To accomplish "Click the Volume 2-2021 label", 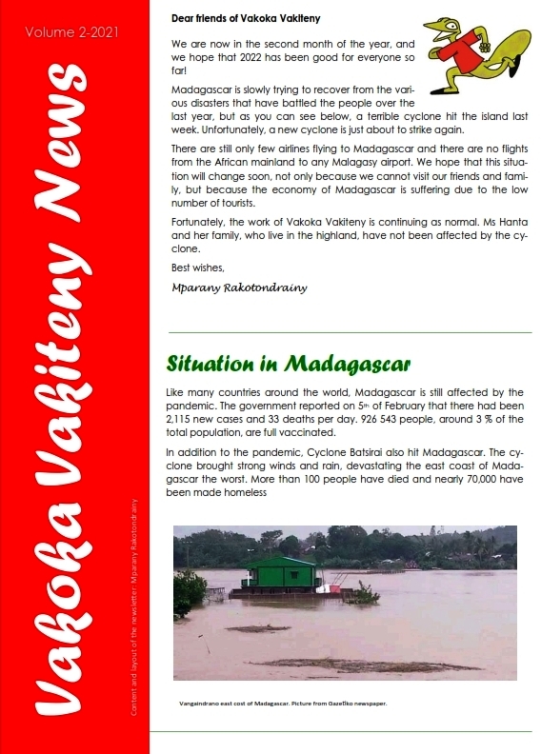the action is coord(72,31).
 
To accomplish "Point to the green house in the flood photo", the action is coord(282,574).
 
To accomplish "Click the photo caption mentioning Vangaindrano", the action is coord(282,704).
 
